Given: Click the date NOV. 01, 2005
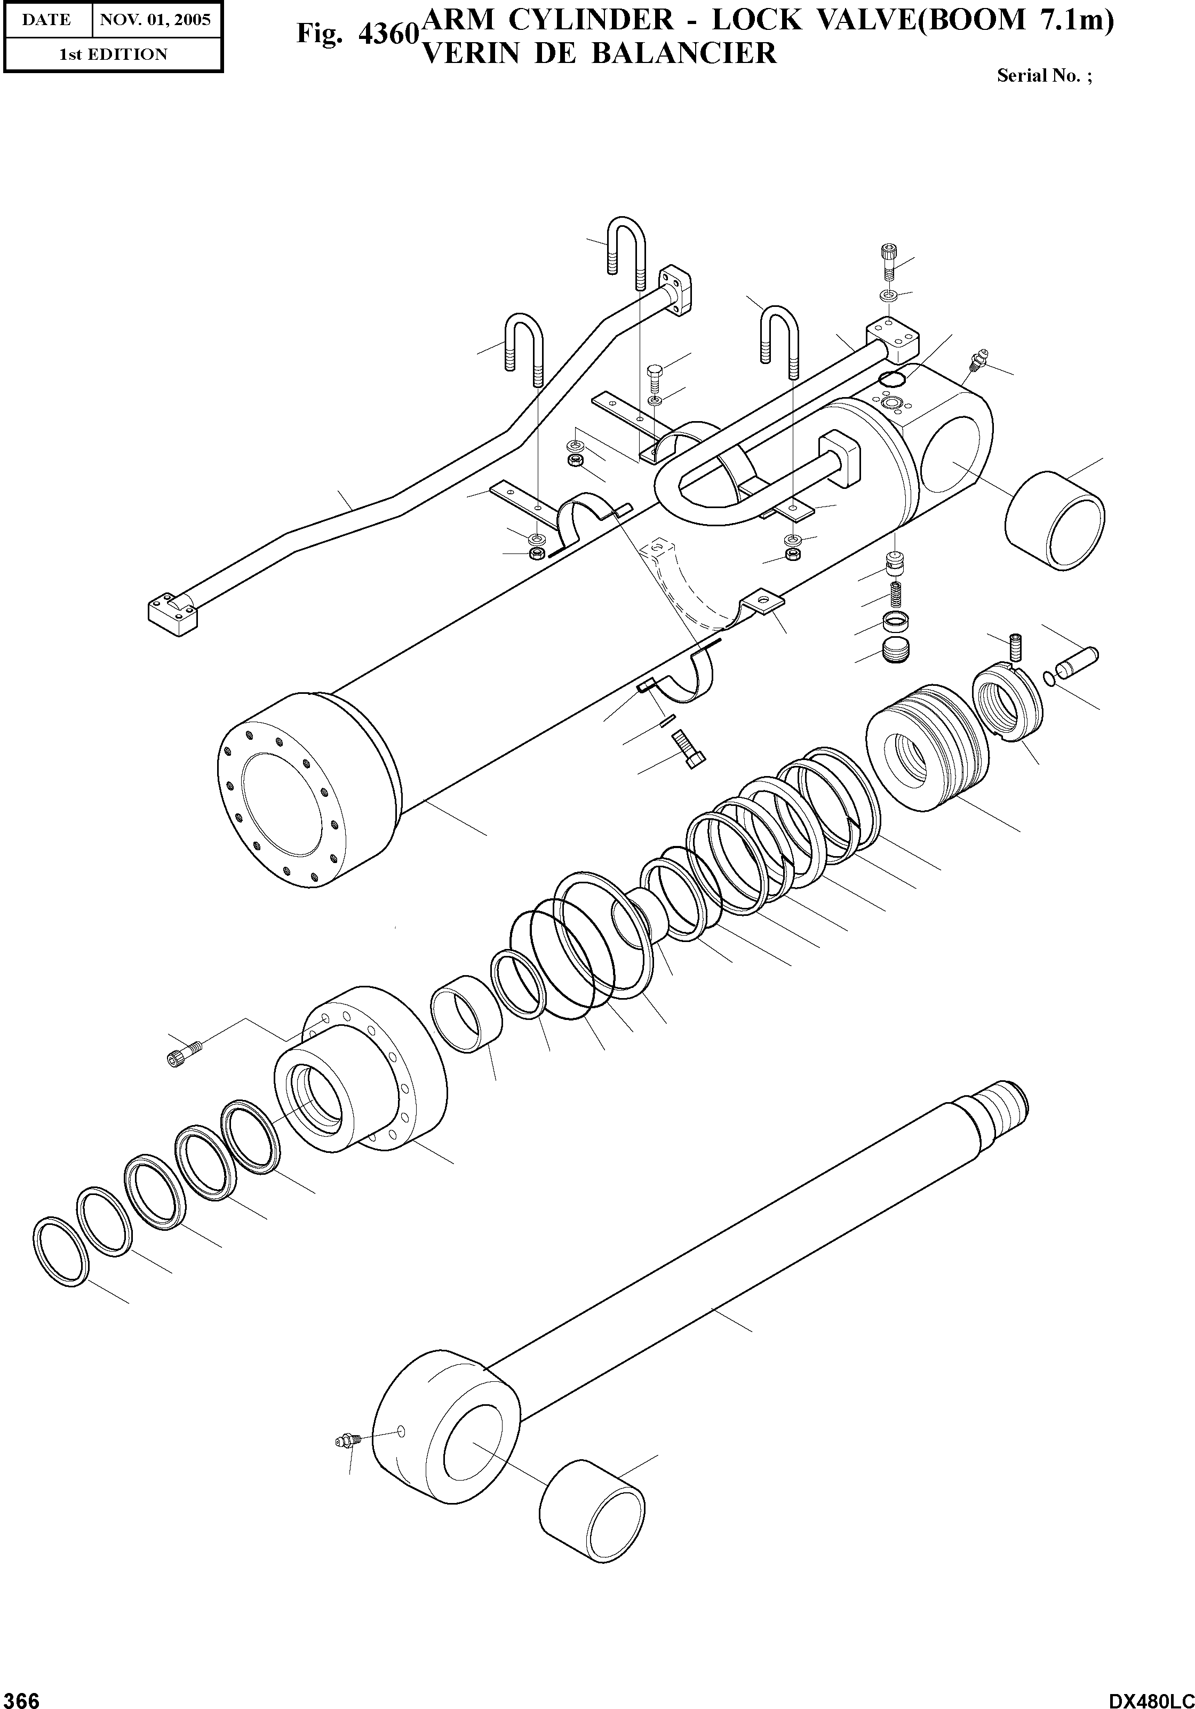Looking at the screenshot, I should (156, 20).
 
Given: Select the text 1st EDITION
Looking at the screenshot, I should (113, 54).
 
